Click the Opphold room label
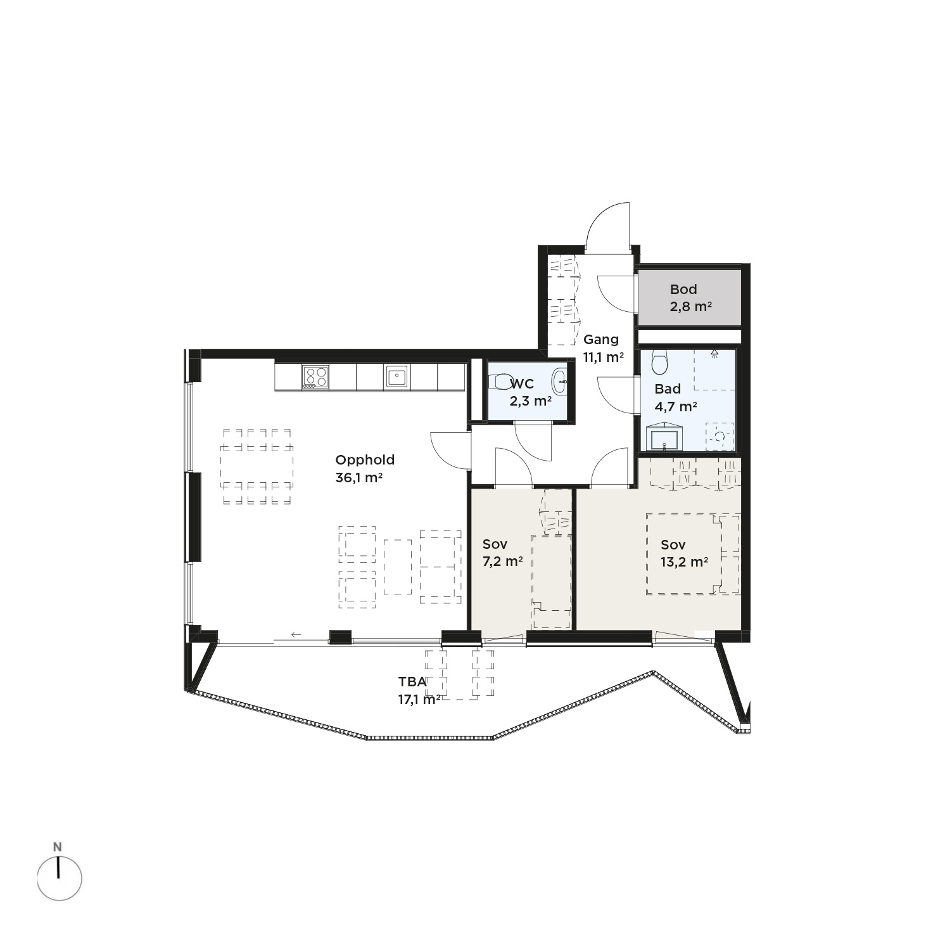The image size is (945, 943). coord(364,461)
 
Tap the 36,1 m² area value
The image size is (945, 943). coord(358,478)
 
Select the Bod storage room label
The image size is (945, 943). coord(683,290)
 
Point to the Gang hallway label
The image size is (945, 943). coord(600,340)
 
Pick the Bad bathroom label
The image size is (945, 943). coord(668,389)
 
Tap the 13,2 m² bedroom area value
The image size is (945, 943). coord(684,561)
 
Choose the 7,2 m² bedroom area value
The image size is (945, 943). coord(502,561)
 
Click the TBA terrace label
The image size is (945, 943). coord(412,682)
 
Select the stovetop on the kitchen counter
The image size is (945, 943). coord(315,376)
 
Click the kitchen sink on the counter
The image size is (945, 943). coord(396,376)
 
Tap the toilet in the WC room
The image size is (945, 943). coord(501,382)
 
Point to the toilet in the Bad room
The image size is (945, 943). coord(660,362)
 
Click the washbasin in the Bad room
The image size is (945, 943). coord(664,438)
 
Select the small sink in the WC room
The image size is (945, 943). coord(560,382)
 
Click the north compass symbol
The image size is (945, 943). coord(60,878)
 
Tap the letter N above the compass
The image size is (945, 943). coord(58,847)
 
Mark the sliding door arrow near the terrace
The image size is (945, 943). coord(296,634)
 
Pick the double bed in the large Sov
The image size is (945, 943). coord(693,554)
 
